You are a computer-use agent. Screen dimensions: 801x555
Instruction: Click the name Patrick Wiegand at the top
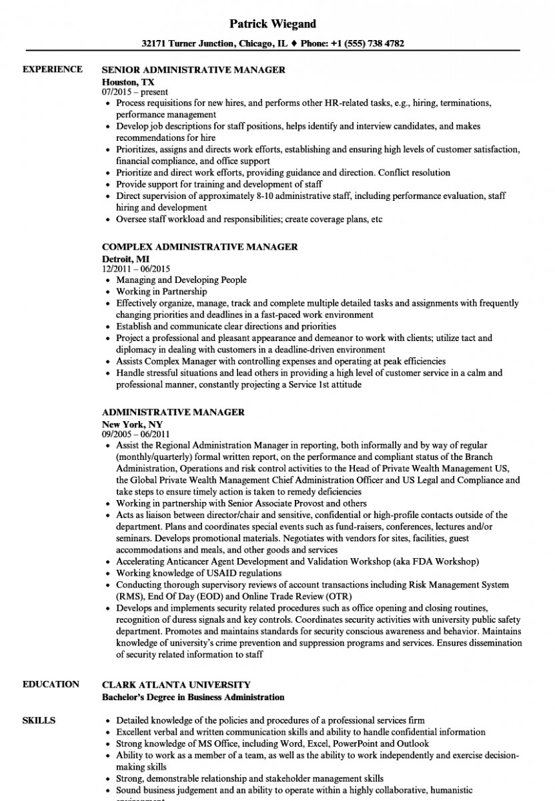(x=273, y=24)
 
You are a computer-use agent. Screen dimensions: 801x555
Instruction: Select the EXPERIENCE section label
(x=53, y=69)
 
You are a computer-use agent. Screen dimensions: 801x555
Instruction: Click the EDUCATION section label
(x=51, y=684)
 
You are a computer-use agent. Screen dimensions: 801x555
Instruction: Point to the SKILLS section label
(x=39, y=720)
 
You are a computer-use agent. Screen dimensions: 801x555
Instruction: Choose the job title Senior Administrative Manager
(x=193, y=69)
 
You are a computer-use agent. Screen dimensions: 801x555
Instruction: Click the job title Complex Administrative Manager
(x=199, y=247)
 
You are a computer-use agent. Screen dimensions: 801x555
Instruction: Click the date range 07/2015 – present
(x=135, y=91)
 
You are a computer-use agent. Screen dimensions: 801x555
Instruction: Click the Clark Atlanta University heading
(x=176, y=684)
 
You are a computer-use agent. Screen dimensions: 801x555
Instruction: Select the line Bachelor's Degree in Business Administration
(x=193, y=697)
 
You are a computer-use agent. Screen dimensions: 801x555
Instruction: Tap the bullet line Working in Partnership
(x=161, y=291)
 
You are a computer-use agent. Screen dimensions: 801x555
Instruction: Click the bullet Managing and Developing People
(x=181, y=280)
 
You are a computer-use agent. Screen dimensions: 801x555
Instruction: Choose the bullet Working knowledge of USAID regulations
(x=199, y=573)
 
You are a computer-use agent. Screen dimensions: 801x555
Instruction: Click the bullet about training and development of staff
(x=219, y=184)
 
